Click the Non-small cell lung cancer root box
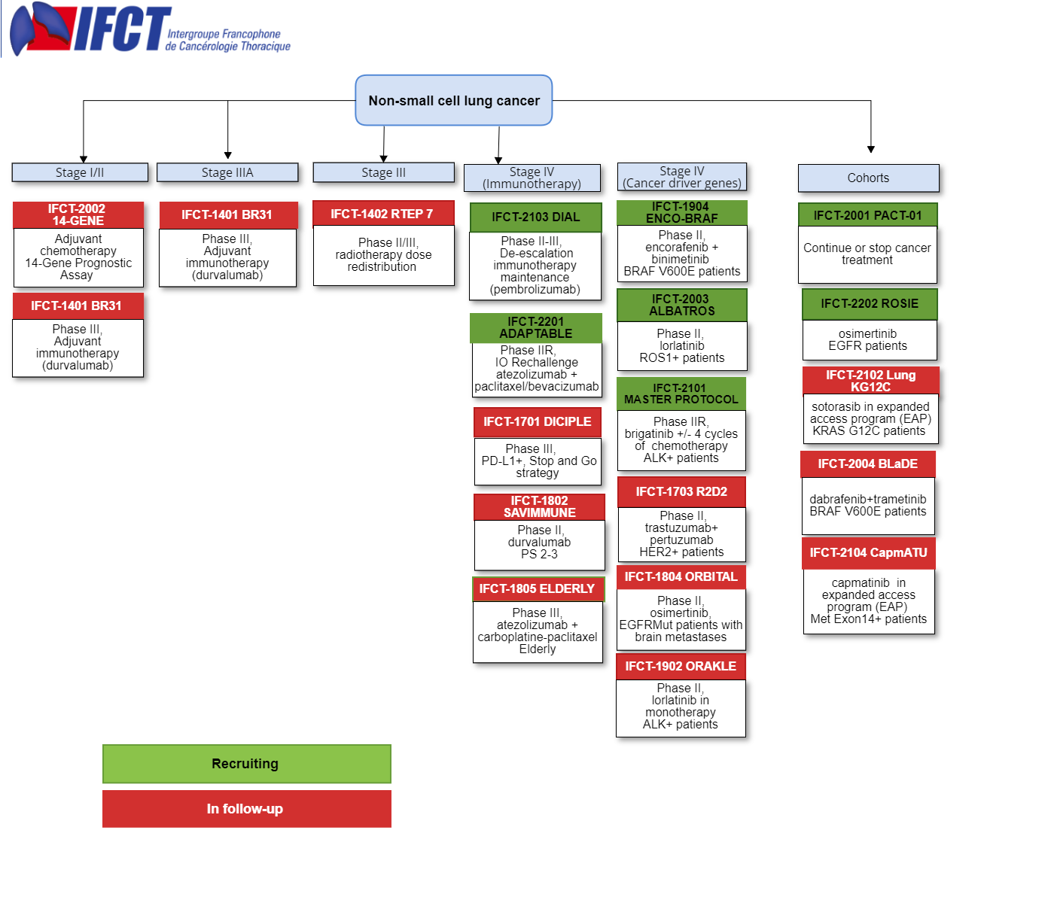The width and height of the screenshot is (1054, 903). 453,100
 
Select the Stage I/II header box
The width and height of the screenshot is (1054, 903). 80,172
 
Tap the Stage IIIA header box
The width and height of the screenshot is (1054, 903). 227,172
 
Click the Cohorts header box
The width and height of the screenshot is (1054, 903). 868,178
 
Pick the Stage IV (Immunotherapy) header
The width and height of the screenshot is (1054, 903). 532,178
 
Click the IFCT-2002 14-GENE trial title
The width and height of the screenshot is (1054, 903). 78,214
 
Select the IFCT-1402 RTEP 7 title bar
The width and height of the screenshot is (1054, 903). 383,213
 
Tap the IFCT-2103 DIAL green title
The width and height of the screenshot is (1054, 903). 535,217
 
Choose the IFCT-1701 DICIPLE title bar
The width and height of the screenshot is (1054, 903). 538,421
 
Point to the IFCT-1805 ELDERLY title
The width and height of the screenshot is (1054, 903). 538,588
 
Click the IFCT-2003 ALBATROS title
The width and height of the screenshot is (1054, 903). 682,305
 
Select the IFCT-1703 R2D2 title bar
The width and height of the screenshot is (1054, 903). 681,491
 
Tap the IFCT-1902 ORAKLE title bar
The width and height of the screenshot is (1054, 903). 681,666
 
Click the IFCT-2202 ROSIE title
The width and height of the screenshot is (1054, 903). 870,304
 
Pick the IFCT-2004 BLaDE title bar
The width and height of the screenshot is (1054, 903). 868,464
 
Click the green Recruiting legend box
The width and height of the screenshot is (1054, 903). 247,763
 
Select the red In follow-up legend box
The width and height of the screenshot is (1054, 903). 247,809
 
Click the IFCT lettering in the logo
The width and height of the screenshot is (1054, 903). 123,29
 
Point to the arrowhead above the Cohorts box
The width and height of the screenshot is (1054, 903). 871,149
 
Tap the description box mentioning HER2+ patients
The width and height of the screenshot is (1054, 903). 681,534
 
